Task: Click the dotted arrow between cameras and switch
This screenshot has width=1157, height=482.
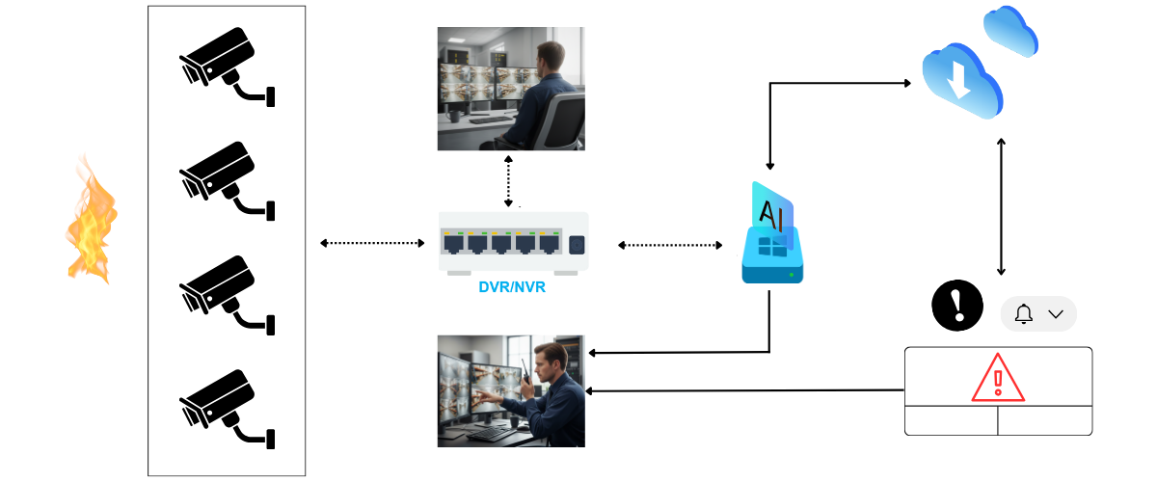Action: tap(372, 243)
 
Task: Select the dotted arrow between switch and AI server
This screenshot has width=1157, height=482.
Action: tap(670, 246)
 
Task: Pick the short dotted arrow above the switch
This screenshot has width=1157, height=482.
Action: tap(509, 180)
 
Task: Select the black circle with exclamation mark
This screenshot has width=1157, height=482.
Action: tap(957, 306)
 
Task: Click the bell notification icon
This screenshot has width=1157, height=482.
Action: tap(1024, 314)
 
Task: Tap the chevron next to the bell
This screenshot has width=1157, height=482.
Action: tap(1056, 314)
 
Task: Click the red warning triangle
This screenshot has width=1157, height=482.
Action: tap(998, 377)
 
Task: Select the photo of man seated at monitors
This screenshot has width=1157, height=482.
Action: tap(511, 89)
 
